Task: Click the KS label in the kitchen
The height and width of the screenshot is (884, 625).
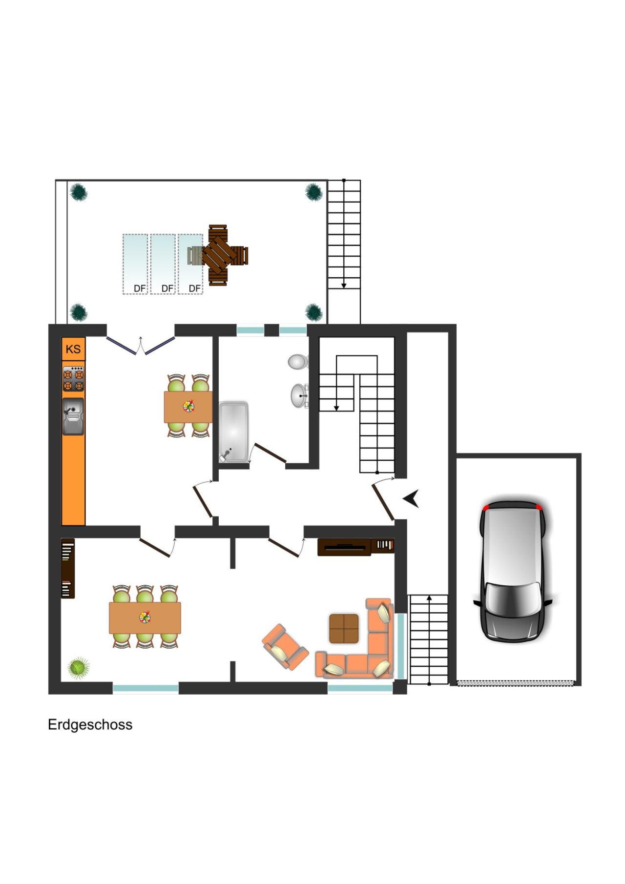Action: [x=73, y=349]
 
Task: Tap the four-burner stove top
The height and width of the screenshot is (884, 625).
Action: [x=73, y=379]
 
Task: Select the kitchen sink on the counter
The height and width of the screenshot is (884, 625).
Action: [x=73, y=416]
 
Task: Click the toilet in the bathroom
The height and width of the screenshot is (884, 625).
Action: [x=297, y=362]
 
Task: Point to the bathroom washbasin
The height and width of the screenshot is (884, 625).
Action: [x=298, y=395]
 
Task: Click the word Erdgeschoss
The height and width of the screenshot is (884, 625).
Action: [x=90, y=724]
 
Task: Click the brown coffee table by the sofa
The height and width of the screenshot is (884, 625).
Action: [x=344, y=628]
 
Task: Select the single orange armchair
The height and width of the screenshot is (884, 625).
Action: [x=285, y=647]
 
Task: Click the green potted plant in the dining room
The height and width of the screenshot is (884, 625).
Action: [x=79, y=667]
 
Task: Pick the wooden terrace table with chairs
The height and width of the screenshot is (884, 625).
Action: [x=219, y=255]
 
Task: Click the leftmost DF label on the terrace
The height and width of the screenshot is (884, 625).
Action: [x=140, y=288]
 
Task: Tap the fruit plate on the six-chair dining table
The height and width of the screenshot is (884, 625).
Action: [x=145, y=617]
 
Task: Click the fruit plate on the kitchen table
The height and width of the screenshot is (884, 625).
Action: [x=188, y=406]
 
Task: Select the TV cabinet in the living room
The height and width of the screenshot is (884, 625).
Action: [x=344, y=547]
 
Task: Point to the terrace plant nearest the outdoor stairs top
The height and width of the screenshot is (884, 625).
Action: [x=314, y=192]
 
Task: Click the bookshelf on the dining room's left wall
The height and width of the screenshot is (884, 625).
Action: [x=67, y=568]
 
